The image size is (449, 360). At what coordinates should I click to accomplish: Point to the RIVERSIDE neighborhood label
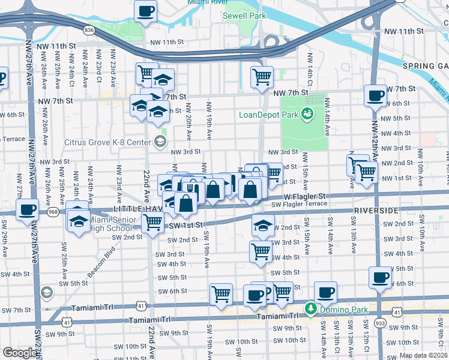(377, 211)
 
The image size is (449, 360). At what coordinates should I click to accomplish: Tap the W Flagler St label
(304, 196)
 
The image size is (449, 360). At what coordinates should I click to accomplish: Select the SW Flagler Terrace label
(299, 204)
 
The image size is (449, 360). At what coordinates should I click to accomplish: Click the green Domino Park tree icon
(310, 308)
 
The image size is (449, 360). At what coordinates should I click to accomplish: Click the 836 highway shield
(89, 29)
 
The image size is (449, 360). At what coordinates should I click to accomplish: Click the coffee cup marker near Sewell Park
(146, 10)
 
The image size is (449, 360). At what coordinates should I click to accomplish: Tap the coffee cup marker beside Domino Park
(326, 292)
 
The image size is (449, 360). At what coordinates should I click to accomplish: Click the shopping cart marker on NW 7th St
(262, 77)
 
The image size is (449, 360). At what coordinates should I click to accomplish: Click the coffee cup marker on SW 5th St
(379, 277)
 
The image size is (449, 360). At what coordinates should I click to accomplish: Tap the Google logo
(20, 353)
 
